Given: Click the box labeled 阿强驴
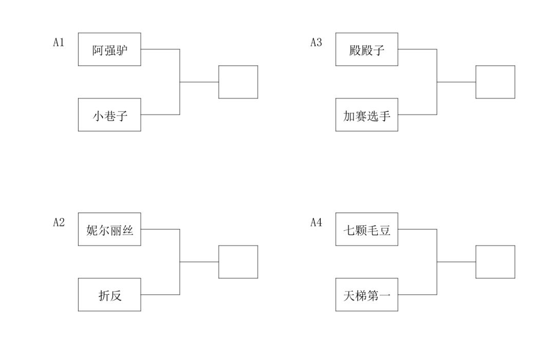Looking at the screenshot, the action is pyautogui.click(x=109, y=49).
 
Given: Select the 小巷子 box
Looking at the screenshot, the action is pyautogui.click(x=109, y=115).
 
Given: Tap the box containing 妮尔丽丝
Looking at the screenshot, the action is pyautogui.click(x=109, y=229).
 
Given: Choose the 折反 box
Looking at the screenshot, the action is pyautogui.click(x=109, y=295).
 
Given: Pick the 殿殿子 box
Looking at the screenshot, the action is pyautogui.click(x=367, y=49).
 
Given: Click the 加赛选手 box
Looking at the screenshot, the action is pyautogui.click(x=367, y=115).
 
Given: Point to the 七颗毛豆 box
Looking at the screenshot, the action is pyautogui.click(x=367, y=229).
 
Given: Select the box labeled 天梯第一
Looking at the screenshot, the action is pyautogui.click(x=367, y=295).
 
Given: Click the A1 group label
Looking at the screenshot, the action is pyautogui.click(x=59, y=43).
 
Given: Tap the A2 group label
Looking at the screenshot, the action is pyautogui.click(x=59, y=222).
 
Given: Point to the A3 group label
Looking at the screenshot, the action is pyautogui.click(x=316, y=43).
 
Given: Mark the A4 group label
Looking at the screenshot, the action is pyautogui.click(x=316, y=222).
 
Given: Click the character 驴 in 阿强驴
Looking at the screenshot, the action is pyautogui.click(x=122, y=50).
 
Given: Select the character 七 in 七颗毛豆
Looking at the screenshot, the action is pyautogui.click(x=349, y=231).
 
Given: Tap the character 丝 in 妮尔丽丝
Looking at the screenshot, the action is pyautogui.click(x=128, y=231).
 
